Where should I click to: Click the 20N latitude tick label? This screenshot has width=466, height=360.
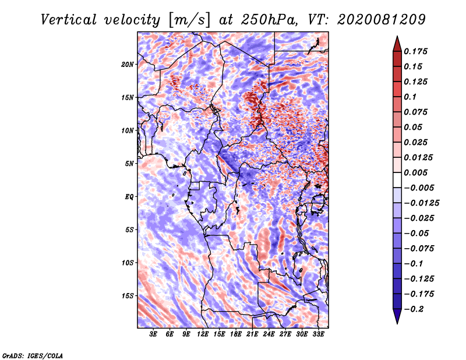tap(128, 65)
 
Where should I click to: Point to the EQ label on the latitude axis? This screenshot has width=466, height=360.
tap(129, 197)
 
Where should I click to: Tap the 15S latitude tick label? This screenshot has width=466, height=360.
tap(128, 296)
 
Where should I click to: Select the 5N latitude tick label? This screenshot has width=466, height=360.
tap(129, 164)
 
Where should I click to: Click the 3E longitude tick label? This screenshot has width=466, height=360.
tap(153, 334)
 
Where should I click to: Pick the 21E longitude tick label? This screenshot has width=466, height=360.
tap(252, 334)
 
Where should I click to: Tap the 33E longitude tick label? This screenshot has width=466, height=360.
tap(318, 334)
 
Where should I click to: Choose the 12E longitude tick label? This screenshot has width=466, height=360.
tap(203, 334)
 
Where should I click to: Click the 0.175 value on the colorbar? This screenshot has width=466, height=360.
tap(415, 51)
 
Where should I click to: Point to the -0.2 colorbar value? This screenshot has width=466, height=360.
tap(414, 309)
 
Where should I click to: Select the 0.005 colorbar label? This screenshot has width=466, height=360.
tap(415, 172)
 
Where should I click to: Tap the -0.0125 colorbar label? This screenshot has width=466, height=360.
tap(421, 203)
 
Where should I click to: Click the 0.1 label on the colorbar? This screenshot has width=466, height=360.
tap(410, 97)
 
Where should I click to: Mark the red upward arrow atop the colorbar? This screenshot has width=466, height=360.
tap(397, 44)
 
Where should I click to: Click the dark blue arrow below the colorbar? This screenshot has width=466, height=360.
tap(397, 316)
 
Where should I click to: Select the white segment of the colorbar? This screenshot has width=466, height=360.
tap(397, 180)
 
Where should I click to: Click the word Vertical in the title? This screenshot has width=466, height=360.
tap(69, 20)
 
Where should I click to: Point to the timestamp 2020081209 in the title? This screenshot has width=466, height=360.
tap(382, 20)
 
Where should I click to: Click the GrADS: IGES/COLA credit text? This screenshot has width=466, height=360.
tap(33, 355)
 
